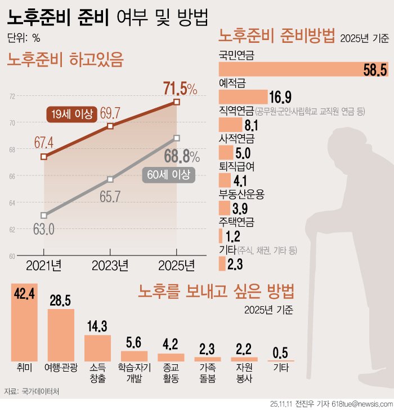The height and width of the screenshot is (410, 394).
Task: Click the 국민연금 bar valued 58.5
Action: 293,69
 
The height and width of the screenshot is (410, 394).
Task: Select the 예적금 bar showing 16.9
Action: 243,96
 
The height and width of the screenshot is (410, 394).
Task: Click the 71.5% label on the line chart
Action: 180,89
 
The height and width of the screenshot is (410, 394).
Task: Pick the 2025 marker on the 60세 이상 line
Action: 177,138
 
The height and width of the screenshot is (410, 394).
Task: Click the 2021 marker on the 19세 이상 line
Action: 44,156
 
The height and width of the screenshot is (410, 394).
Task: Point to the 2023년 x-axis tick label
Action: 110,264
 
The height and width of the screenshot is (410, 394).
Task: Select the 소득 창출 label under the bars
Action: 97,373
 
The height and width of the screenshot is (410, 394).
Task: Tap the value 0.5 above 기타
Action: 280,352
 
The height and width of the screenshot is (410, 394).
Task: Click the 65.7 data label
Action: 110,197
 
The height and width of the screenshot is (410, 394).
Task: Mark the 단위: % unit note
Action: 24,38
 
